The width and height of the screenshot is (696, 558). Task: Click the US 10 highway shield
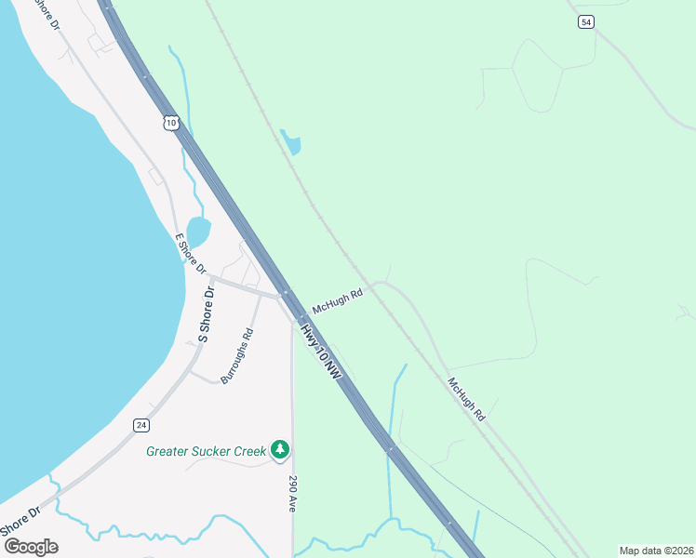tap(169, 123)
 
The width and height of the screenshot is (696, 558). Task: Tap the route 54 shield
tap(585, 22)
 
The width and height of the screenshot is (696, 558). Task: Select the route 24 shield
tap(141, 425)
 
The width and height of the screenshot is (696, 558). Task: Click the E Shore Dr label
tap(191, 252)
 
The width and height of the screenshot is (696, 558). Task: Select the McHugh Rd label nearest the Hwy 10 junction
tap(337, 300)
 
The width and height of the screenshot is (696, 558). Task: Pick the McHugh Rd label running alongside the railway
tap(466, 400)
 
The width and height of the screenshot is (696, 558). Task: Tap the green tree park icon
tap(280, 450)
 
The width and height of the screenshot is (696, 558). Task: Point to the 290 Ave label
tap(292, 494)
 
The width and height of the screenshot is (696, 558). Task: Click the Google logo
tap(31, 547)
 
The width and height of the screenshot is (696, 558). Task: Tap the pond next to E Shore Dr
tap(198, 231)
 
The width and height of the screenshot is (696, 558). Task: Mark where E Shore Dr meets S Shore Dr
tap(211, 277)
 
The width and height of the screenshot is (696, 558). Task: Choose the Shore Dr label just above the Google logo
tap(20, 521)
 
